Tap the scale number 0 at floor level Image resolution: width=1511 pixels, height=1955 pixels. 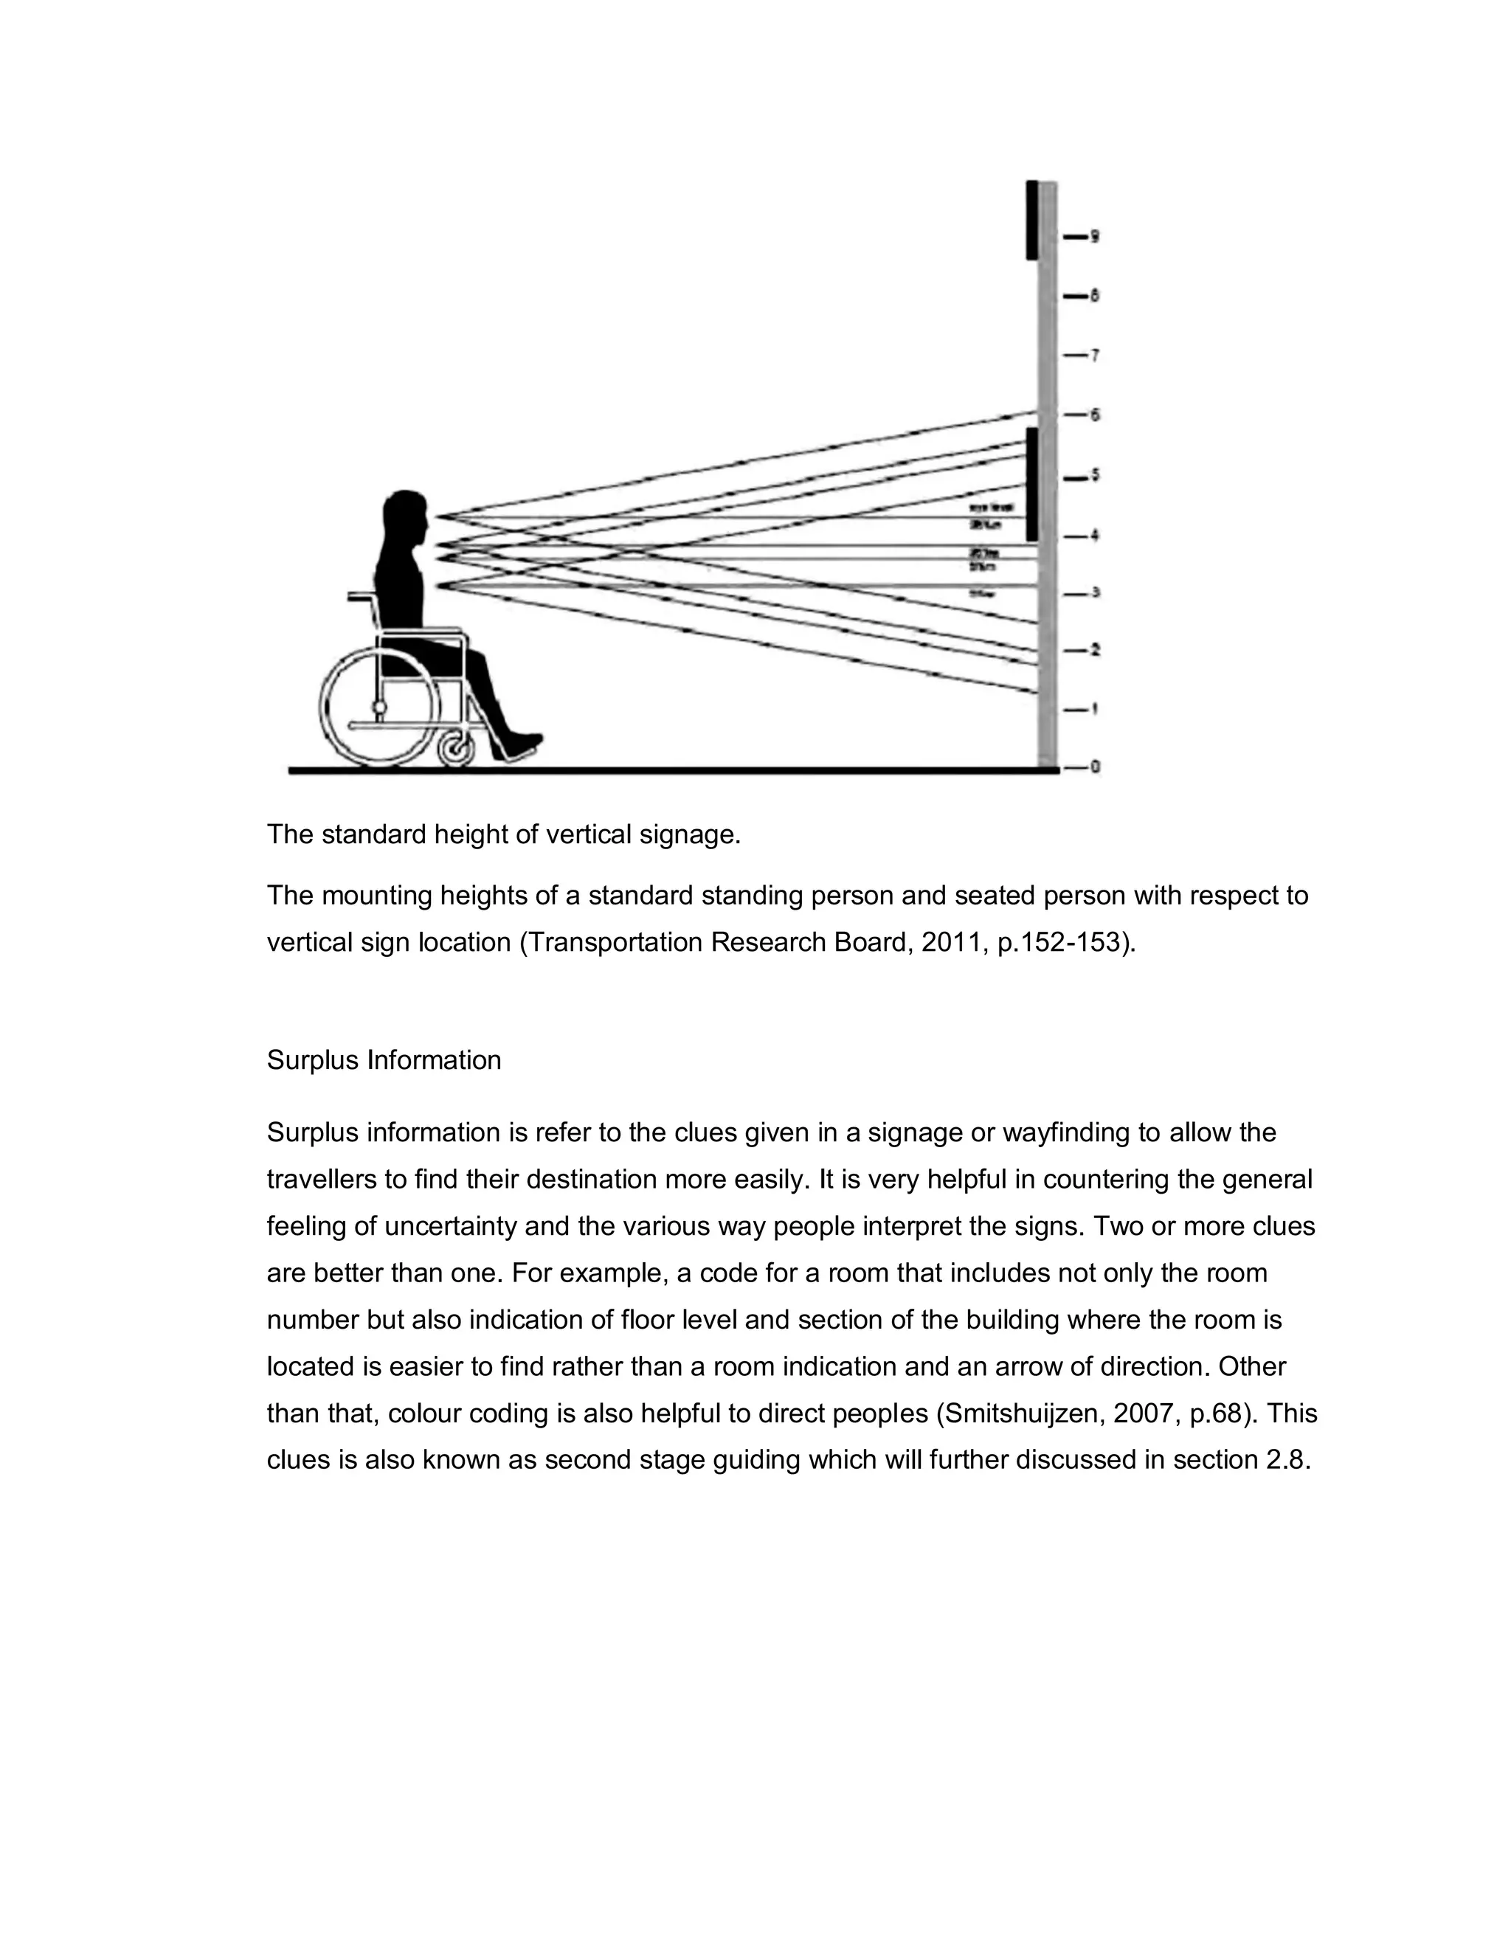[1095, 767]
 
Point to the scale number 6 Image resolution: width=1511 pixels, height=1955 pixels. [1094, 415]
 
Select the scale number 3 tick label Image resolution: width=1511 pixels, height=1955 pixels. [1094, 592]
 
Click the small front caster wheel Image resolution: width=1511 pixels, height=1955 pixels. [457, 750]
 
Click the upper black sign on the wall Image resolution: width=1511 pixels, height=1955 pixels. [1031, 220]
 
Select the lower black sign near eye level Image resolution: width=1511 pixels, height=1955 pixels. [1031, 484]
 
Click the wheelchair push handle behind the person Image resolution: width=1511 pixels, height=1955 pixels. [358, 596]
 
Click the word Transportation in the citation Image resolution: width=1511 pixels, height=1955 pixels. [613, 943]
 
